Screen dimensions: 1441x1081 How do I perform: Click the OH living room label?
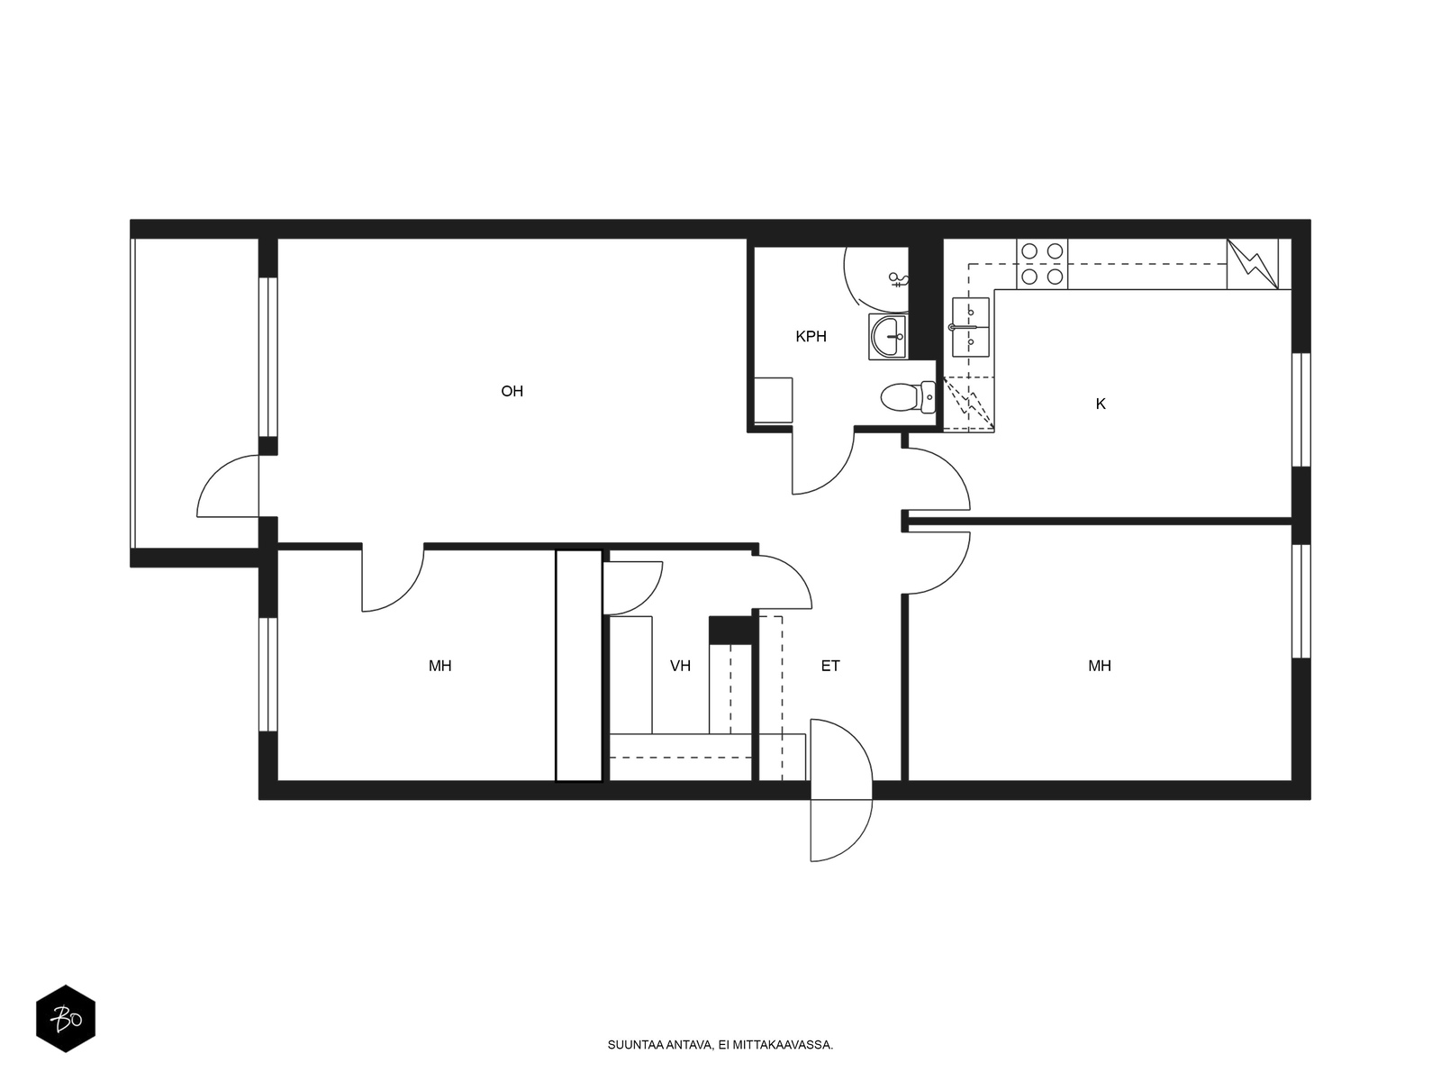512,391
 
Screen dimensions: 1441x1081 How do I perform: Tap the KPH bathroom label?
811,337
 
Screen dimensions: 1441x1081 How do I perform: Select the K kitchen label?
1101,404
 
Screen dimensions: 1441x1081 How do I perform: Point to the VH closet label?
680,667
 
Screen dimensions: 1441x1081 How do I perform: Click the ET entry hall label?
830,667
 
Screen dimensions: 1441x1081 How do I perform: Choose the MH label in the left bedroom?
440,667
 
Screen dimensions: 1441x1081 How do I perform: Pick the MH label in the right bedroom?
1100,667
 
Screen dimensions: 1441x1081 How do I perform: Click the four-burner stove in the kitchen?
1042,264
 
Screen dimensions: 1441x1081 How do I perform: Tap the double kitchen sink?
970,327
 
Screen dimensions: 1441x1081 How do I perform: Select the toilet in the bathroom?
908,397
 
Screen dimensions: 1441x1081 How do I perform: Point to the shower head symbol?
898,280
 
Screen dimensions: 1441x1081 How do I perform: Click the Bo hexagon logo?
66,1018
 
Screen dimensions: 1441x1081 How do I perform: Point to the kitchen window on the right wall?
1301,410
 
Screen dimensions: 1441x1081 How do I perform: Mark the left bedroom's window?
267,674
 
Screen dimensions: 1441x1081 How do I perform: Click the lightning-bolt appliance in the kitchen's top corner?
1253,264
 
